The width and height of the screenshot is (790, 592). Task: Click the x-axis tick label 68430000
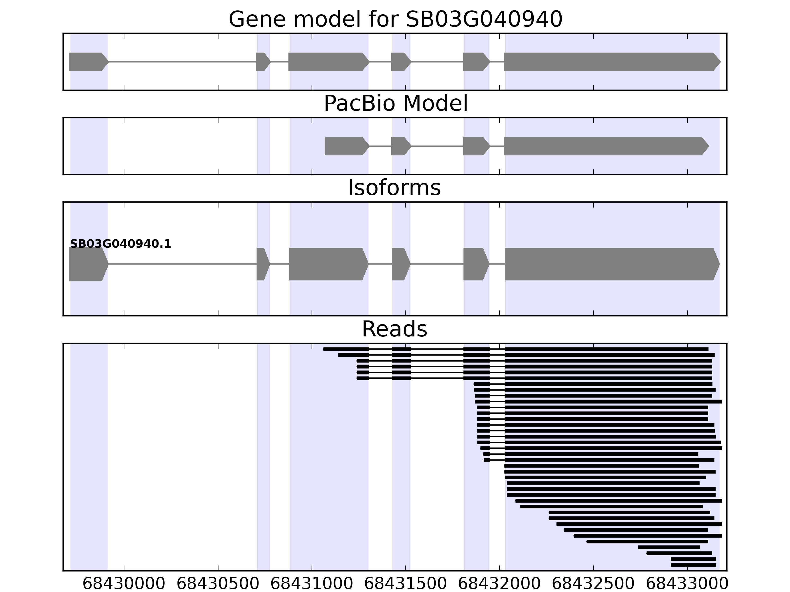point(124,584)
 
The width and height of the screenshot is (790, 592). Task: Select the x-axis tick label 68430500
point(217,584)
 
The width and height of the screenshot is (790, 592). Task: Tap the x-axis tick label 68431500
point(405,584)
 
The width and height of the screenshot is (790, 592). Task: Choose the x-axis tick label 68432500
point(593,584)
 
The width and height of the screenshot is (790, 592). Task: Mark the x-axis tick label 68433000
point(687,584)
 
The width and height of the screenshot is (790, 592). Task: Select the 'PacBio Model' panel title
point(395,104)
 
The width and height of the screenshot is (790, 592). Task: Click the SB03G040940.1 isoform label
point(120,244)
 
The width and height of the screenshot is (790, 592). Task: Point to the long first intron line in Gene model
point(182,62)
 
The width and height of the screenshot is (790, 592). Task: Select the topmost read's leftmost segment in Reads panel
point(346,349)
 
